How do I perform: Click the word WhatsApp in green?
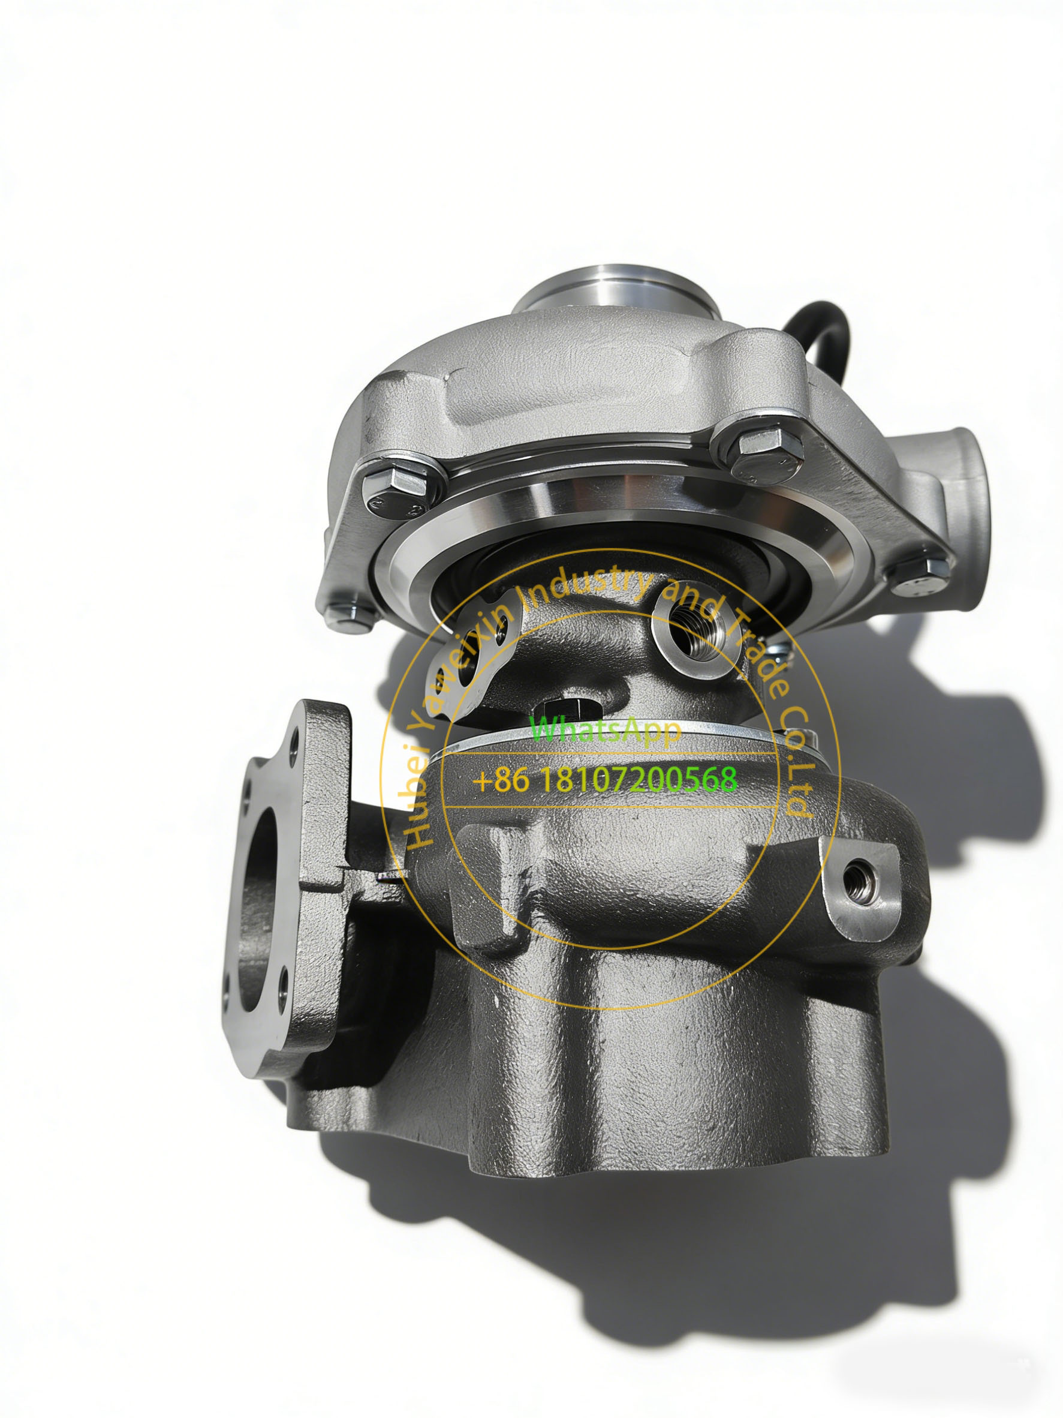click(606, 731)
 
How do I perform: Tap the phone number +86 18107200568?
click(605, 780)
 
